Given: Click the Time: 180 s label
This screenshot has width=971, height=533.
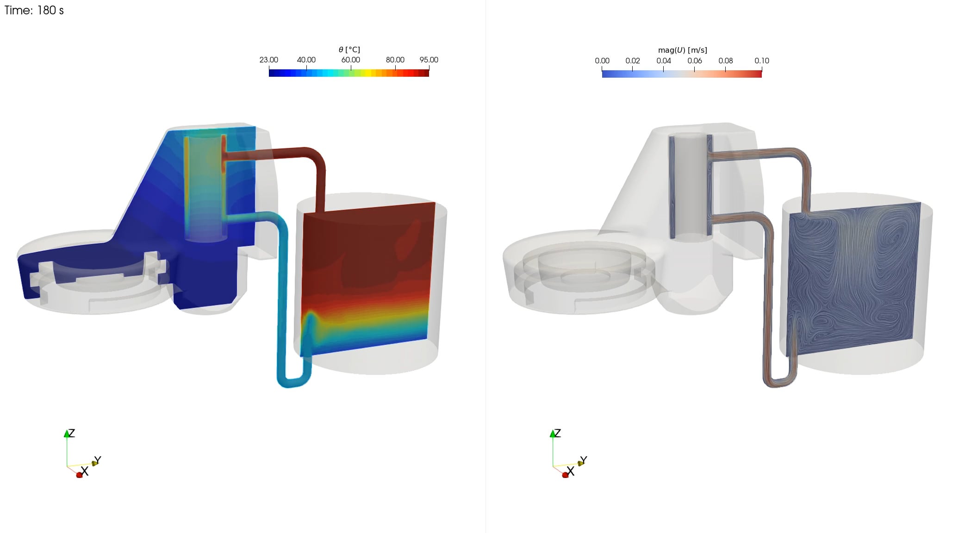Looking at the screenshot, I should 34,10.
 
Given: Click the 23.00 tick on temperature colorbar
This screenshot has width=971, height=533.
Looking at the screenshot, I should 269,60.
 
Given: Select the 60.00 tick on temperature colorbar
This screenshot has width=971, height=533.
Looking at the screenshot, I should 350,60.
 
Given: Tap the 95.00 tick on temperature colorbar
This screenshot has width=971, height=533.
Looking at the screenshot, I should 429,60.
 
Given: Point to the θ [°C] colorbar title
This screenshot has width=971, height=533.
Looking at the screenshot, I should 349,50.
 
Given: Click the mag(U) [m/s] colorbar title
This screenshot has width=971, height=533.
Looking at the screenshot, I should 682,50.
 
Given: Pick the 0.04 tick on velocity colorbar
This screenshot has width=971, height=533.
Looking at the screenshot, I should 663,61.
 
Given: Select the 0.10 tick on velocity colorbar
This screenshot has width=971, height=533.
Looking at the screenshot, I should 761,61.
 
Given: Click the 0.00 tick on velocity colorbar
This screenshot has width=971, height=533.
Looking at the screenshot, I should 602,61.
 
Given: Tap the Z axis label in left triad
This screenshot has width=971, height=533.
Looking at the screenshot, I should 72,433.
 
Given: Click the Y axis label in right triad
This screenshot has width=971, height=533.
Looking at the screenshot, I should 583,460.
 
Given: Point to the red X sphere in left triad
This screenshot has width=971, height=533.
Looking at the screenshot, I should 79,475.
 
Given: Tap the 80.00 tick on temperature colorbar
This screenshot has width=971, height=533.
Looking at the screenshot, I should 395,60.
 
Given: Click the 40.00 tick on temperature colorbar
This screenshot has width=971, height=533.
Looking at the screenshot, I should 306,60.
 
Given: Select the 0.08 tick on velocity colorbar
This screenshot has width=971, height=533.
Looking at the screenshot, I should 725,61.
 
